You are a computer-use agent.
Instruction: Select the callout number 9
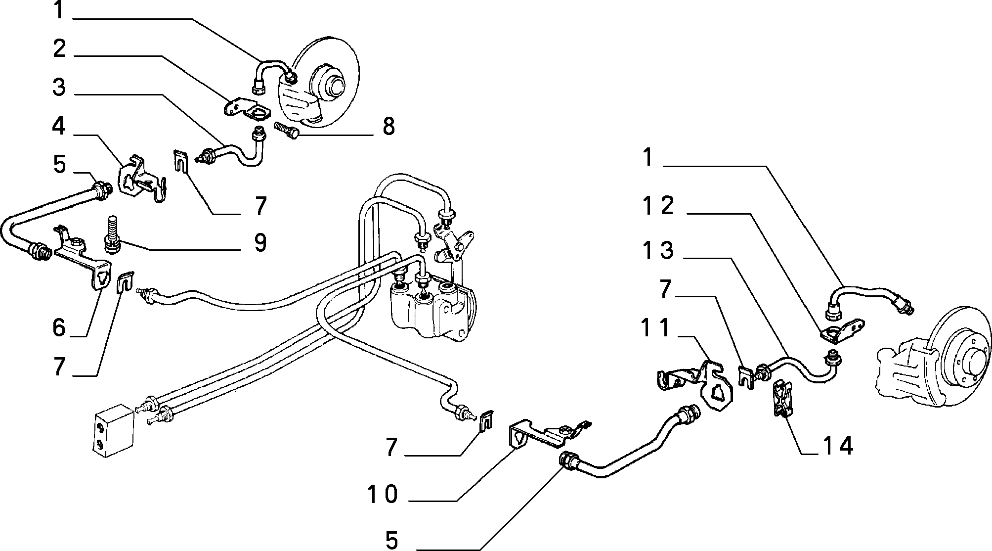tap(260, 242)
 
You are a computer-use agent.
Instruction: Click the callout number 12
tap(658, 205)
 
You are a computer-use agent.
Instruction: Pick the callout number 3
tap(59, 88)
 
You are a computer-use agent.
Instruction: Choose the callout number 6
tap(59, 327)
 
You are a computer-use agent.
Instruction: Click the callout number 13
tap(658, 250)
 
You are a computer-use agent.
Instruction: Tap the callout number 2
tap(59, 48)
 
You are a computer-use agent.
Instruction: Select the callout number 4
tap(59, 126)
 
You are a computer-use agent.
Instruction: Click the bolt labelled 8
tap(287, 131)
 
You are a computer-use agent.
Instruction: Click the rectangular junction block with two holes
tap(113, 428)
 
